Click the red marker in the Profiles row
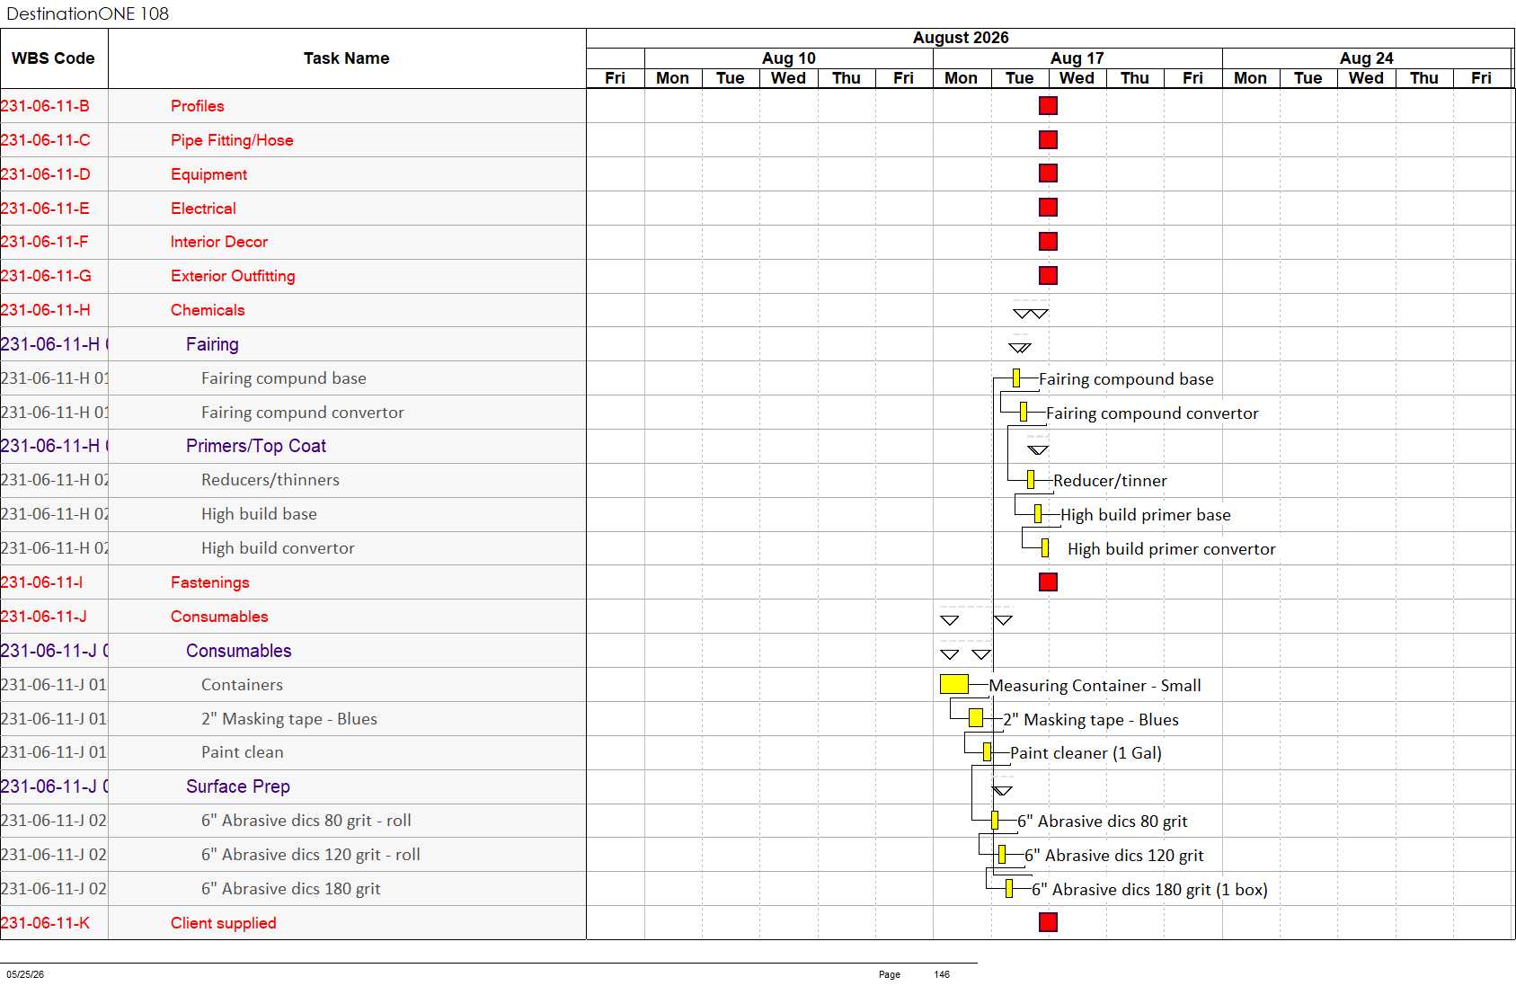pos(1048,105)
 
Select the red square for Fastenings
pos(1048,582)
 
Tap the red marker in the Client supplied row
pos(1048,921)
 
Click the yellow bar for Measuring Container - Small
pos(953,684)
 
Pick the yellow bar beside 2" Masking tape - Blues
pos(975,718)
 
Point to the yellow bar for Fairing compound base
pos(1015,378)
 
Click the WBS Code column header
pos(53,58)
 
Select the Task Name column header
pos(347,58)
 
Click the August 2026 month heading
pos(961,37)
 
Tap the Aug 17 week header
pos(1077,58)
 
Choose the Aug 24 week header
pos(1367,58)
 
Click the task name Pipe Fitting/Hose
pos(232,140)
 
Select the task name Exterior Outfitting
pos(233,276)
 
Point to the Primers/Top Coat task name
pos(256,446)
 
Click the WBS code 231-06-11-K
pos(45,922)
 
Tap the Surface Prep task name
pos(238,786)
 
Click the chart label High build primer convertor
pos(1172,549)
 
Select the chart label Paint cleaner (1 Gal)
pos(1086,752)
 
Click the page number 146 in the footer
pos(942,974)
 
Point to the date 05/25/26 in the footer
pos(25,974)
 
